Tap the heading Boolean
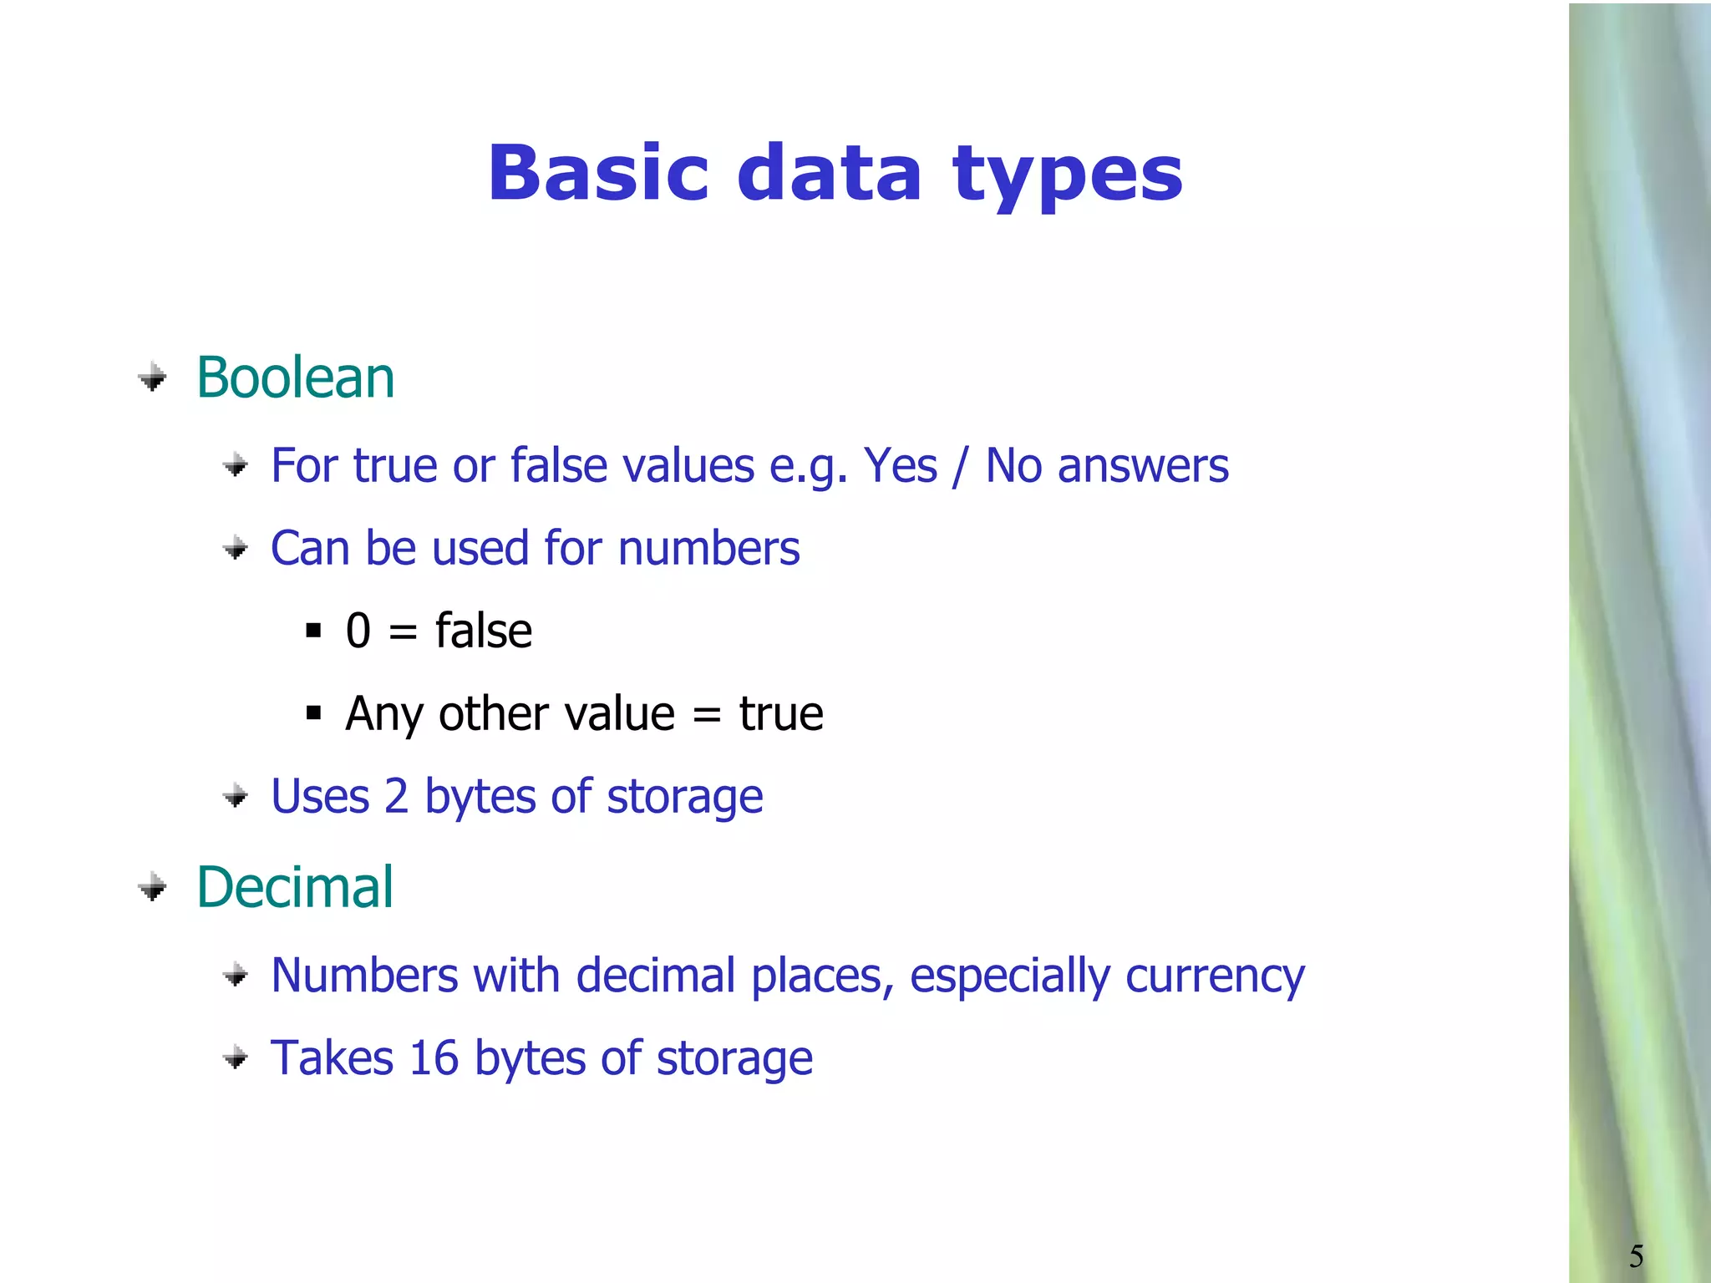click(x=295, y=378)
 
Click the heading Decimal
click(x=294, y=887)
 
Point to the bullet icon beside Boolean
click(x=152, y=378)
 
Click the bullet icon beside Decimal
click(x=152, y=887)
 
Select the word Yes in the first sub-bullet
click(x=900, y=466)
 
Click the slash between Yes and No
click(x=961, y=466)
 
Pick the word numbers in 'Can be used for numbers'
click(x=708, y=549)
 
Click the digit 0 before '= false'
click(x=358, y=631)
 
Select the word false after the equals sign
click(x=483, y=631)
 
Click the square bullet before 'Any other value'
click(x=314, y=713)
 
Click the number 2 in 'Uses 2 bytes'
click(x=396, y=797)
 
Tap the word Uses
click(x=320, y=797)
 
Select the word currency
click(x=1215, y=976)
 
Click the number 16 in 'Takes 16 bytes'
click(x=434, y=1058)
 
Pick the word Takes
click(x=332, y=1058)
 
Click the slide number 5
click(x=1636, y=1256)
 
